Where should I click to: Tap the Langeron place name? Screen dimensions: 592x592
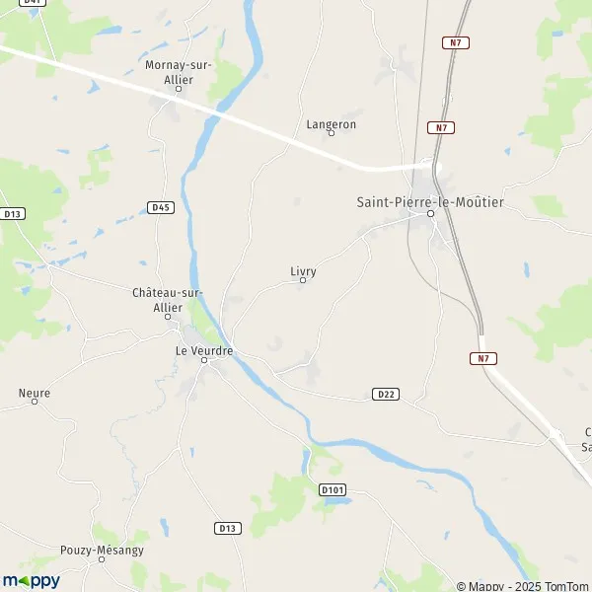click(331, 124)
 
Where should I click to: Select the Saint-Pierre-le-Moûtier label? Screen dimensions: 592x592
click(430, 201)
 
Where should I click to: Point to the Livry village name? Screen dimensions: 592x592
click(303, 269)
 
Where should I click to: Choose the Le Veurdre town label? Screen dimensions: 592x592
click(205, 349)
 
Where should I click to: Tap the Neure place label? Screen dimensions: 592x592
click(35, 393)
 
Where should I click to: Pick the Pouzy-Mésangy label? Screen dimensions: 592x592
click(102, 550)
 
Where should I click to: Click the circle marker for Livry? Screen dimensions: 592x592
click(303, 280)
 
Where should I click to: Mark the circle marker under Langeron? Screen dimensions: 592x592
click(332, 134)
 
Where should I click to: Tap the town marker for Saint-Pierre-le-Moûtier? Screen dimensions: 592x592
click(430, 212)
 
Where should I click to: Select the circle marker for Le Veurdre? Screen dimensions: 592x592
click(205, 360)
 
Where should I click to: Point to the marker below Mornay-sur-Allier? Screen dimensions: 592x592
click(179, 88)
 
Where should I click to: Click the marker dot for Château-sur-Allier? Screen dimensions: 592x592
click(168, 316)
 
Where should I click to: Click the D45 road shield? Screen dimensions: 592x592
click(161, 207)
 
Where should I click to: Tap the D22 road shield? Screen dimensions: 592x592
click(386, 394)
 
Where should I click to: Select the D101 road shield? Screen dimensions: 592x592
click(332, 488)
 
